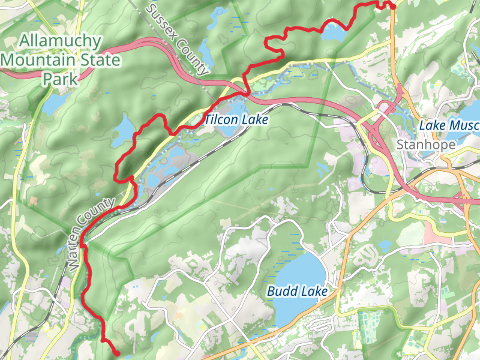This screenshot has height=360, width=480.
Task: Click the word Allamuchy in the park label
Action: (x=61, y=41)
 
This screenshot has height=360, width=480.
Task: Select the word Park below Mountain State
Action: (x=61, y=79)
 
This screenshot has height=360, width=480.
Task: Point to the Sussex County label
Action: (x=178, y=40)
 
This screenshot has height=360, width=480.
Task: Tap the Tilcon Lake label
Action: (x=236, y=120)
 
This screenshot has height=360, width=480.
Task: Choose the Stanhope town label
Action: (x=426, y=145)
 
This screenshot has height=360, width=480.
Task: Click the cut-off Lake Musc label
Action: (x=449, y=125)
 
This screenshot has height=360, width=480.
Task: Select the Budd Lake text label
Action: (x=298, y=292)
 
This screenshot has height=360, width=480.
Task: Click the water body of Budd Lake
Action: (x=300, y=270)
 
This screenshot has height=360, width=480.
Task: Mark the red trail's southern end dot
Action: (x=116, y=353)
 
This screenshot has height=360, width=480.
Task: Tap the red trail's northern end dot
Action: (x=392, y=6)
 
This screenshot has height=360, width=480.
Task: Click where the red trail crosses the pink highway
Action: (x=245, y=94)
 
